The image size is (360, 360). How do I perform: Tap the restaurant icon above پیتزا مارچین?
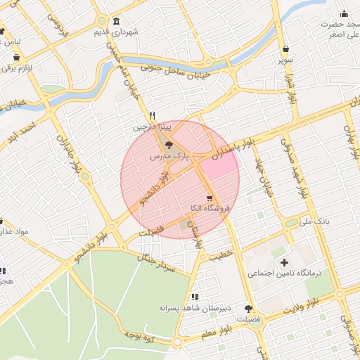coord(152,116)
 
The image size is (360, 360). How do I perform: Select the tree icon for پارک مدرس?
coord(168,146)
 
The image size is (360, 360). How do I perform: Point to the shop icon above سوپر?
coord(285,49)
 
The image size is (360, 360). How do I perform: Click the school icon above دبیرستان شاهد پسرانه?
coord(194,296)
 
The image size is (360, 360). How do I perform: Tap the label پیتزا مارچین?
coord(151,129)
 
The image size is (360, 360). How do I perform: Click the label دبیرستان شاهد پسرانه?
coord(195,307)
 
